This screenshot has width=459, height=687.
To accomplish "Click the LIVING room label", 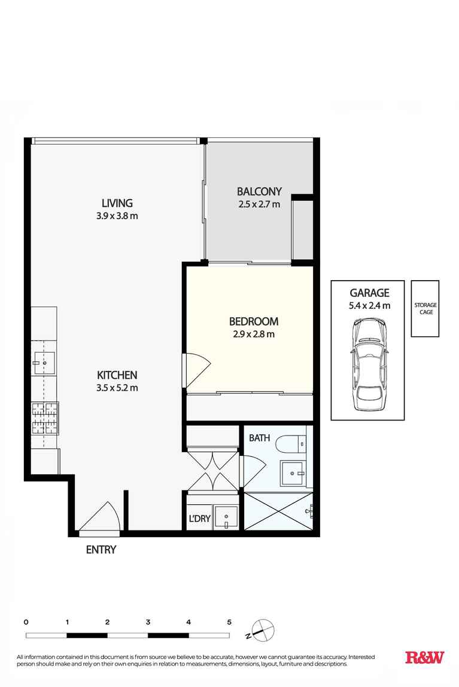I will [117, 203].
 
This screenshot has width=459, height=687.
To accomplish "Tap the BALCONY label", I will [259, 192].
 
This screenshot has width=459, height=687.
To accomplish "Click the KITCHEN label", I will [117, 375].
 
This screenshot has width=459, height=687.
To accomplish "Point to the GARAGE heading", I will [369, 293].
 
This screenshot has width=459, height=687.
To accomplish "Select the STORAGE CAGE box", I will [425, 309].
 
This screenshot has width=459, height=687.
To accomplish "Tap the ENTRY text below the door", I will [101, 550].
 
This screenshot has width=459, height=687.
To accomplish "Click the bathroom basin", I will [293, 473].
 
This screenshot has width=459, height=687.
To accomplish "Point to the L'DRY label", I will [199, 519].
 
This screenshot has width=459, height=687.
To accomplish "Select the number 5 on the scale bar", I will [229, 622].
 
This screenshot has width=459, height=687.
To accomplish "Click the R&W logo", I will [425, 658].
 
